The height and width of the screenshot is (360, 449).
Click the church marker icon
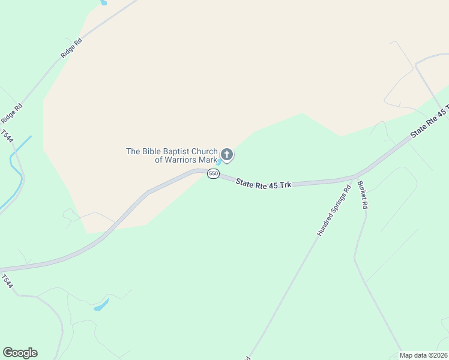tap(227, 155)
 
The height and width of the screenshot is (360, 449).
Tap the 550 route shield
tap(213, 173)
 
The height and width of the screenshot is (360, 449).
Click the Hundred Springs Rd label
tap(334, 211)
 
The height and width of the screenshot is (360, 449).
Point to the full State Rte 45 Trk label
tap(264, 183)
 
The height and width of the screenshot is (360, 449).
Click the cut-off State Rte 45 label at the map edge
tap(430, 123)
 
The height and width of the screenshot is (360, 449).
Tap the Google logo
tap(20, 353)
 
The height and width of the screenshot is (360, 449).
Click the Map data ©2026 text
tap(424, 355)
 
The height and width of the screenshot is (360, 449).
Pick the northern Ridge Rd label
tap(71, 49)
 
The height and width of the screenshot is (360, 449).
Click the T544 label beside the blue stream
tap(7, 137)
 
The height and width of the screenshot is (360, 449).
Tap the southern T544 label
tap(7, 281)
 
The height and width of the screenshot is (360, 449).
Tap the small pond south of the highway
tap(101, 305)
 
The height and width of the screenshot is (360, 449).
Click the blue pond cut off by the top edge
tap(103, 2)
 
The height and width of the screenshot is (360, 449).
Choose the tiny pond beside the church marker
tap(219, 161)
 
